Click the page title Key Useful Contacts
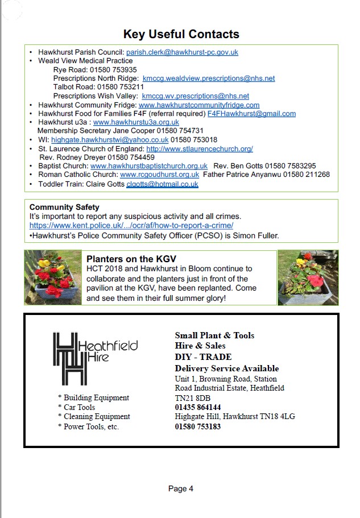tap(181, 34)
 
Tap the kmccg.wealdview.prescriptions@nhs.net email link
tap(209, 78)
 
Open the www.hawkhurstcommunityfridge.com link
tap(199, 105)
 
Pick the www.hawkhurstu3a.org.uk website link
tap(136, 122)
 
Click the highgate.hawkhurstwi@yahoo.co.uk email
tap(110, 140)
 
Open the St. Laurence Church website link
tap(200, 149)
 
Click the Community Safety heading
tap(64, 208)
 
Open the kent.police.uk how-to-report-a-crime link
tap(131, 226)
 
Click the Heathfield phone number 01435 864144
tap(198, 408)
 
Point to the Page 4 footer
tap(181, 488)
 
